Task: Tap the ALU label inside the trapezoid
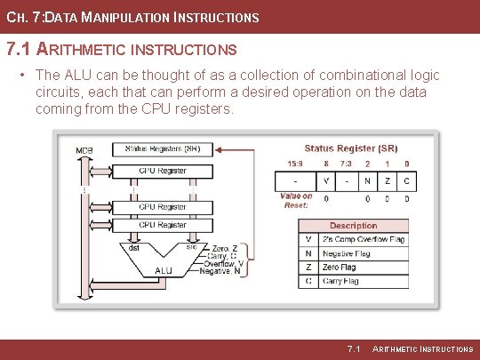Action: pyautogui.click(x=164, y=270)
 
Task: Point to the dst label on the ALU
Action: pyautogui.click(x=133, y=248)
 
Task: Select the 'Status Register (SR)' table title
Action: pyautogui.click(x=351, y=148)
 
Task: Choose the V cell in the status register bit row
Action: pyautogui.click(x=326, y=180)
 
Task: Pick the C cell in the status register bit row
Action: pyautogui.click(x=407, y=180)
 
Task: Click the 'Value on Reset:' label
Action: pyautogui.click(x=295, y=200)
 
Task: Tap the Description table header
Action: pyautogui.click(x=353, y=226)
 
